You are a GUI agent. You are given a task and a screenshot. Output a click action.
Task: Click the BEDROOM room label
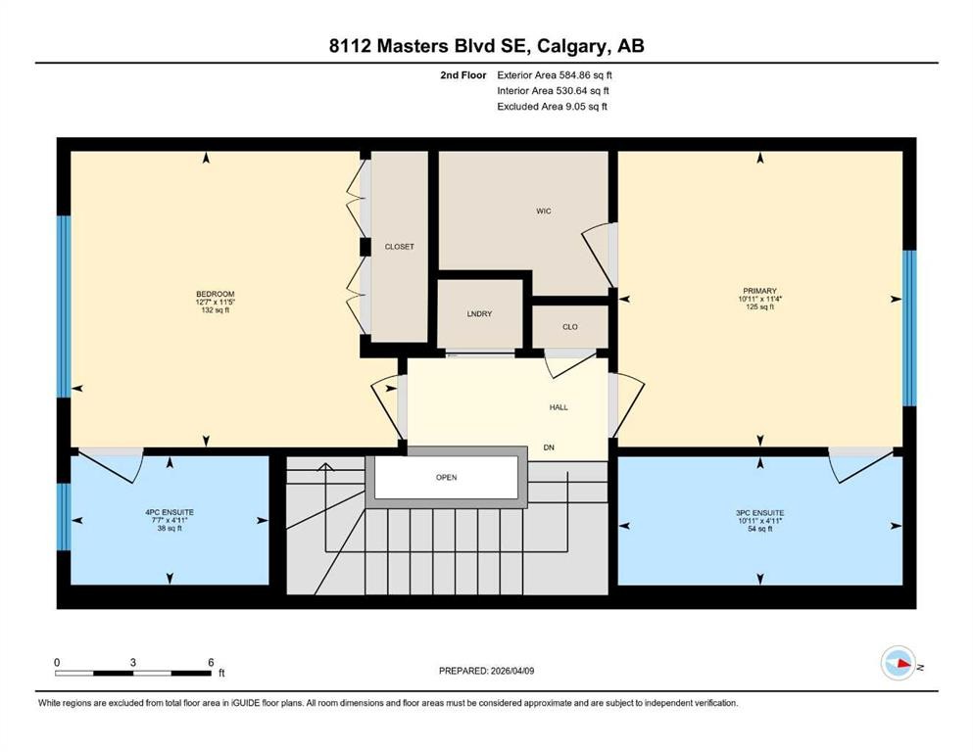pos(215,294)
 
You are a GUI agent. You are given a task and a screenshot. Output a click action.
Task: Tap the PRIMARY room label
pos(758,291)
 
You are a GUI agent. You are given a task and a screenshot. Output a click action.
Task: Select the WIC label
pos(544,211)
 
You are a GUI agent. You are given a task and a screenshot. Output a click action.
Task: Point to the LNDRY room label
pos(478,313)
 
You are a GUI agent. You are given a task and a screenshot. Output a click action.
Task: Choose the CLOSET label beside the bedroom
pos(399,247)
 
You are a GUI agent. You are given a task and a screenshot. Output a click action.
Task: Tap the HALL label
pos(558,407)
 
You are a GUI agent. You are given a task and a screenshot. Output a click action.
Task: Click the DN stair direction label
pos(550,448)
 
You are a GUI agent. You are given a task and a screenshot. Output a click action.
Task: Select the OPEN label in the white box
pos(446,478)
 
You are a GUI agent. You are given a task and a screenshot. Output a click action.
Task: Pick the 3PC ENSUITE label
pos(758,513)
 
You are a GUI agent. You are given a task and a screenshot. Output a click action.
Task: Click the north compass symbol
pos(898,664)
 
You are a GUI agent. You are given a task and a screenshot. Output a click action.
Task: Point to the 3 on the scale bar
pos(132,662)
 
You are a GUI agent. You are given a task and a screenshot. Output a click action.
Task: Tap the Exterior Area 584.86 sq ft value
pos(556,74)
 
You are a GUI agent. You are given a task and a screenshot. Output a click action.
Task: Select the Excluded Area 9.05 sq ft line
pos(552,106)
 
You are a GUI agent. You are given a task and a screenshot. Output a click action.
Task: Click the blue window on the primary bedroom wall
pos(908,327)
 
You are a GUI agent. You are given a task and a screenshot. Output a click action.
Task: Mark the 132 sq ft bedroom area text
pos(215,310)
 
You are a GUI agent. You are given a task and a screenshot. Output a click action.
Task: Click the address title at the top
pos(486,45)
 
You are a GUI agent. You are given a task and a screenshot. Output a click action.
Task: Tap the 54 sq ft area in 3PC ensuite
pos(758,529)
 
